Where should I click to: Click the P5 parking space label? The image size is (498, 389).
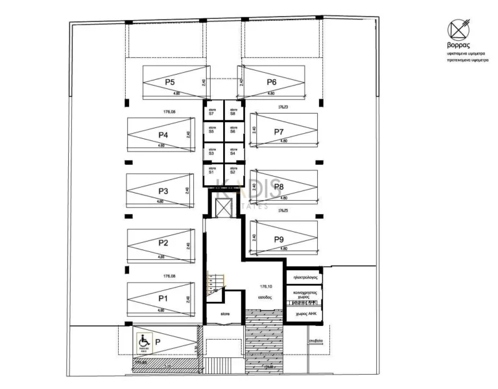coord(170,82)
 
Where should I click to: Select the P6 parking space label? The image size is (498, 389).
coord(272,82)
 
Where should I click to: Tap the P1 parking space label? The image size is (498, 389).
coord(163,298)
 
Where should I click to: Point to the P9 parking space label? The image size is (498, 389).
coord(279,239)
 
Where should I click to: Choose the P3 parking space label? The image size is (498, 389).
coord(163,192)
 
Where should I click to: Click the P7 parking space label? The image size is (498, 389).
coord(279,132)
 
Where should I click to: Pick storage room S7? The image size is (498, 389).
coord(211,112)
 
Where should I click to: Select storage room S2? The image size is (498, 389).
coord(232,171)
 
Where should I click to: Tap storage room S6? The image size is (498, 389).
coord(232,131)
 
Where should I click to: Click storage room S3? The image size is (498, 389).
coord(211,151)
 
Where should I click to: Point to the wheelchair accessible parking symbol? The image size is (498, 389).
coord(143,339)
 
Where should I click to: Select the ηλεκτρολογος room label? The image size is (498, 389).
coord(304,276)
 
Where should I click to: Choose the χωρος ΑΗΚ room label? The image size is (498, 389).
coord(304,312)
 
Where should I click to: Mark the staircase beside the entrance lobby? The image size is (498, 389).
coord(213,282)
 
